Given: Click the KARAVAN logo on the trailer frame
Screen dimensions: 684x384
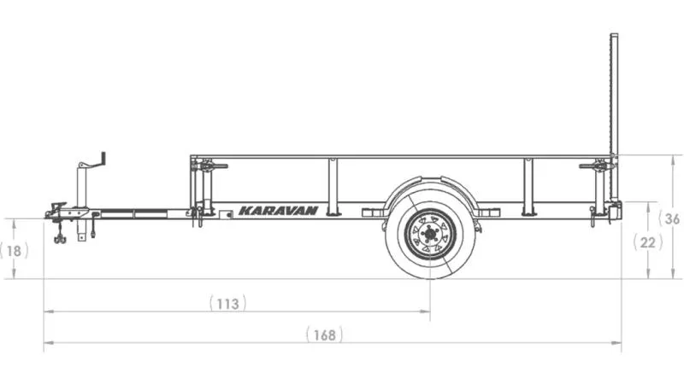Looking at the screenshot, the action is click(279, 211).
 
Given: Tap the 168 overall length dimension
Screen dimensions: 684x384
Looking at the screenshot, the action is click(325, 335).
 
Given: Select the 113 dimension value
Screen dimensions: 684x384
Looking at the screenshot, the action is click(227, 303).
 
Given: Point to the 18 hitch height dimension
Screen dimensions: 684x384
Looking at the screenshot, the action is click(14, 251).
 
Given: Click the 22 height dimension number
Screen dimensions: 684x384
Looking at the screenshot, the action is click(648, 242).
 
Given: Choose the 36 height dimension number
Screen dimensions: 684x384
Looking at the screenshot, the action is click(670, 218).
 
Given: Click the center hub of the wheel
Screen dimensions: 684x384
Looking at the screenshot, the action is click(430, 235).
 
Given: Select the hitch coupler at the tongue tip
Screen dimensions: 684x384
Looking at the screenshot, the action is click(56, 211).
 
